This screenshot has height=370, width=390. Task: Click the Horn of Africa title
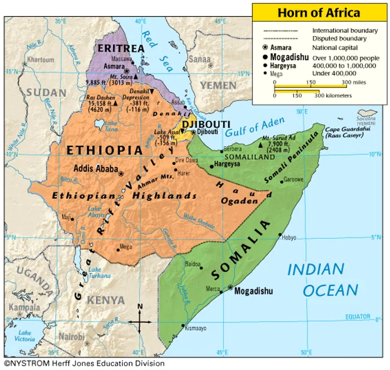point(319,12)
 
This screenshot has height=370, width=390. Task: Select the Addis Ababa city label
point(96,169)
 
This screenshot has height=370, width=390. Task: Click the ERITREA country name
point(121,49)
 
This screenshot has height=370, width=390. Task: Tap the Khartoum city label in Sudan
point(41,60)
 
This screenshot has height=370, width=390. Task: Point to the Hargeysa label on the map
point(228,165)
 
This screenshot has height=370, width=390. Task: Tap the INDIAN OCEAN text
point(324,280)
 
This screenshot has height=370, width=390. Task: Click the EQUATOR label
point(357,317)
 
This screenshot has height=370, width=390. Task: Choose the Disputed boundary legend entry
point(339,39)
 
